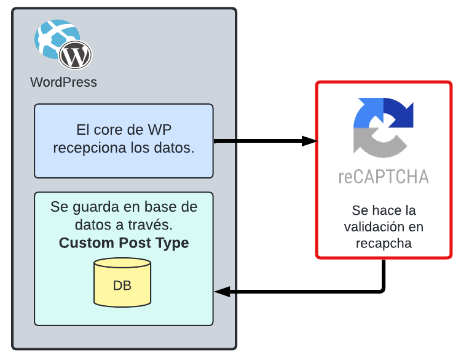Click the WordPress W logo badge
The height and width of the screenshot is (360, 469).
point(76,55)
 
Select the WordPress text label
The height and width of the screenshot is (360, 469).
point(63,82)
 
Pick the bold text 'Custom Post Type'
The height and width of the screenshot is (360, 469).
point(124,242)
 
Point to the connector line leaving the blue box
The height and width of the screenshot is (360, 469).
point(225,142)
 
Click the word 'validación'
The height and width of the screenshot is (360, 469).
point(384,226)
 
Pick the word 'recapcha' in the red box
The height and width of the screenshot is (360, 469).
point(384,243)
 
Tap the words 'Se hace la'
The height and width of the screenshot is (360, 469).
point(384,210)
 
